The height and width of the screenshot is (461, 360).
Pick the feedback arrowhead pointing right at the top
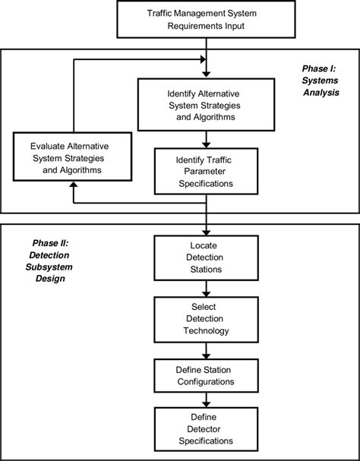point(201,58)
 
